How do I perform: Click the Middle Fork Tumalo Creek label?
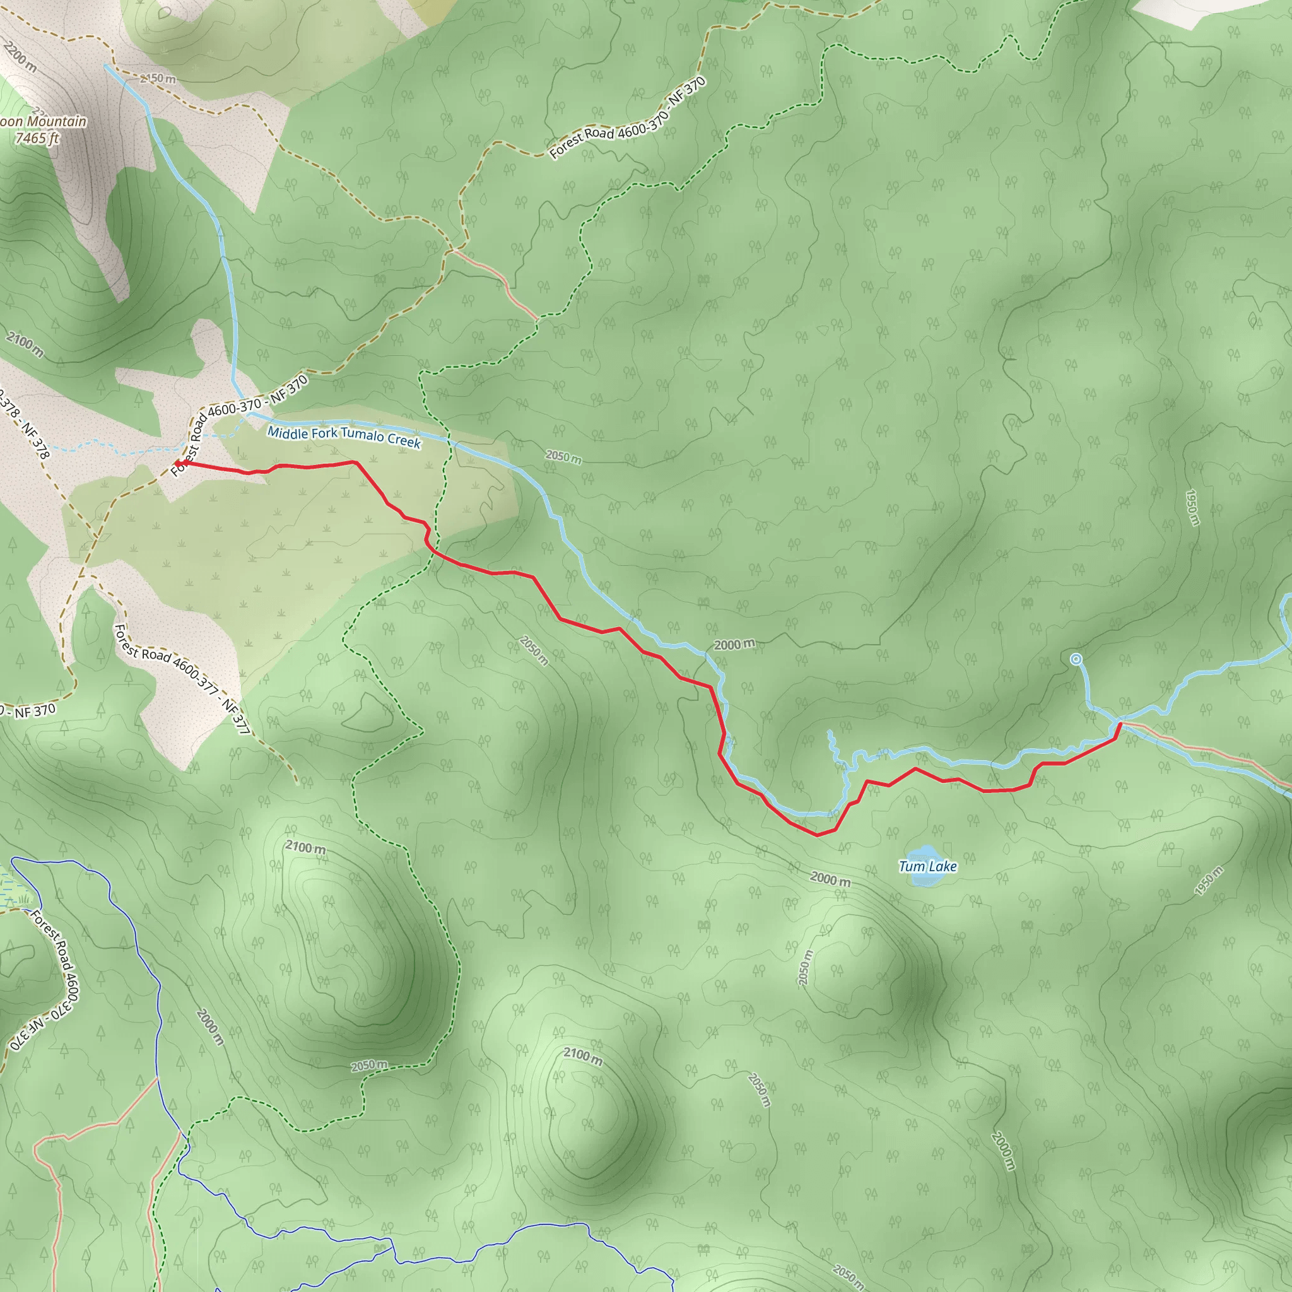coord(344,437)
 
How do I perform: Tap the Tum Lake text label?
coord(927,867)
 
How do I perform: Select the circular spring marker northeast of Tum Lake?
coord(1076,659)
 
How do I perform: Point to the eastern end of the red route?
coord(1120,724)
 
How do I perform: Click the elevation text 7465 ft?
coord(37,138)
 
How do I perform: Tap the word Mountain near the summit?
coord(57,122)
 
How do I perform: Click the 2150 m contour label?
coord(158,79)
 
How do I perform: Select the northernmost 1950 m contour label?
coord(1191,508)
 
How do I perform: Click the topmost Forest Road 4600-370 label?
coord(627,119)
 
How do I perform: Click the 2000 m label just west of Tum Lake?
coord(831,879)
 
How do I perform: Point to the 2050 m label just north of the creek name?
coord(563,457)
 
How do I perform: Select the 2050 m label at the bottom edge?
coord(849,1274)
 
